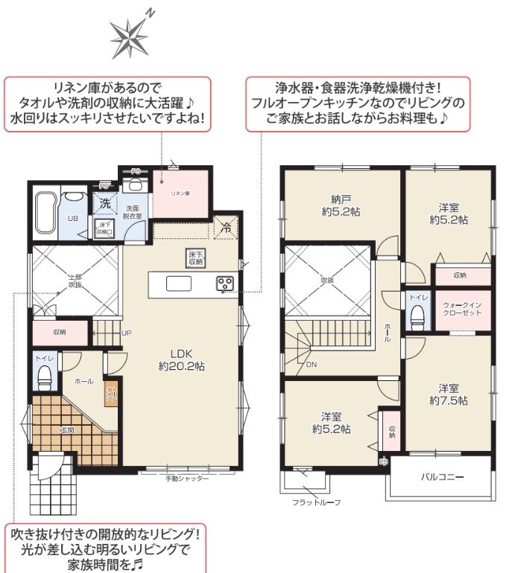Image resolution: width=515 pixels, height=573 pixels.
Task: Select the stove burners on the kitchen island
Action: (x=225, y=283)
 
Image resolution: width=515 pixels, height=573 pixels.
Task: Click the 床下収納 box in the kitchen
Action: (x=195, y=258)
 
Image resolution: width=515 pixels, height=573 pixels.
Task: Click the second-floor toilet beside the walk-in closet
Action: (x=416, y=315)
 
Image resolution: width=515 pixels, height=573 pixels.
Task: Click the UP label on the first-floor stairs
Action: (x=127, y=333)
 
